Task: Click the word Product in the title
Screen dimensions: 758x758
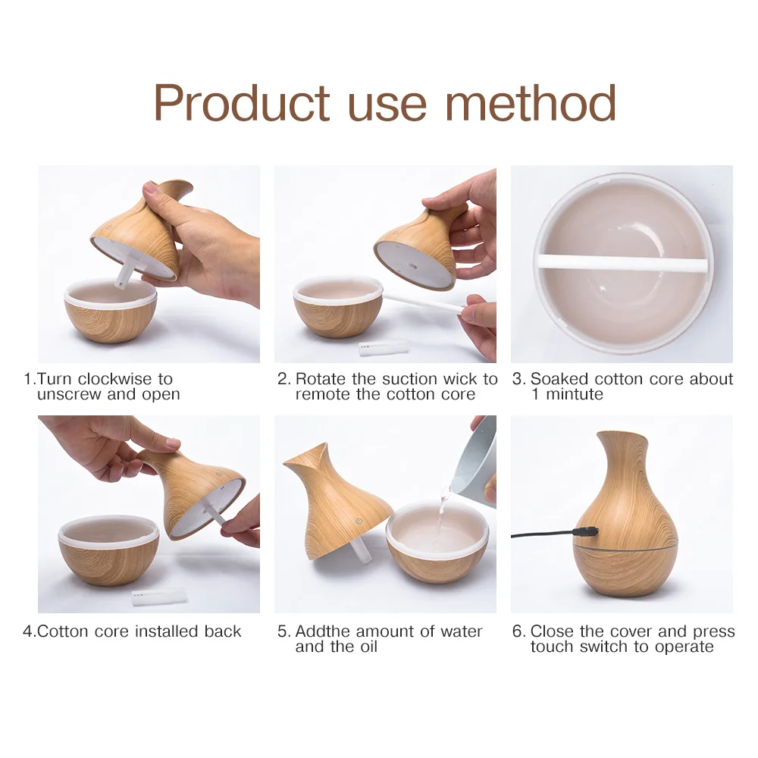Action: pyautogui.click(x=242, y=103)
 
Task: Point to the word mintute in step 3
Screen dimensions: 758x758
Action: pyautogui.click(x=575, y=394)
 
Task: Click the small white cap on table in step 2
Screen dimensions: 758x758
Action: pyautogui.click(x=382, y=348)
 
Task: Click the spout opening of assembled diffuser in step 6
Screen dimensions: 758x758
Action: pyautogui.click(x=624, y=436)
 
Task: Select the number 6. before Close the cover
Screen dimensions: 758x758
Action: pyautogui.click(x=518, y=631)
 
